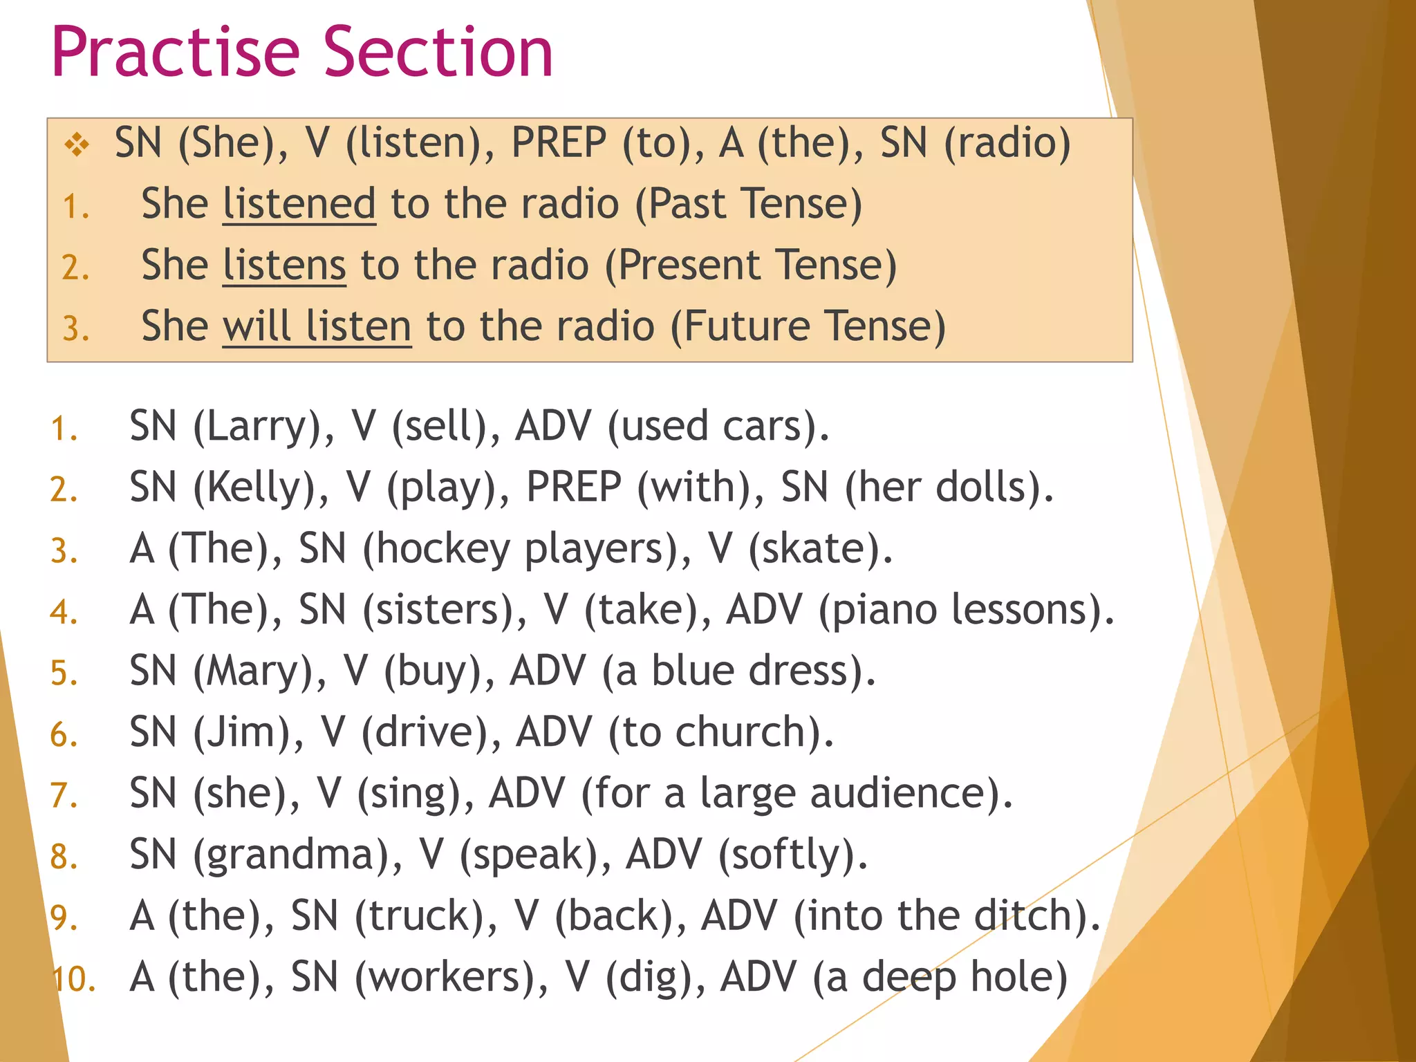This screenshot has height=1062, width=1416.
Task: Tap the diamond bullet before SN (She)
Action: tap(77, 145)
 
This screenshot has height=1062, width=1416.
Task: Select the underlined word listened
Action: tap(299, 205)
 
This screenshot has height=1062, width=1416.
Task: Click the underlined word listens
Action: tap(283, 265)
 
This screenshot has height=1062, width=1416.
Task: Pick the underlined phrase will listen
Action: tap(317, 326)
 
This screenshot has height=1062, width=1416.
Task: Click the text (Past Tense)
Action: tap(748, 205)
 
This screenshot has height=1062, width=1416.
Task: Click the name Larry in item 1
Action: tap(255, 427)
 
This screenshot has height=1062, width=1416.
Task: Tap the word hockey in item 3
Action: tap(442, 549)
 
